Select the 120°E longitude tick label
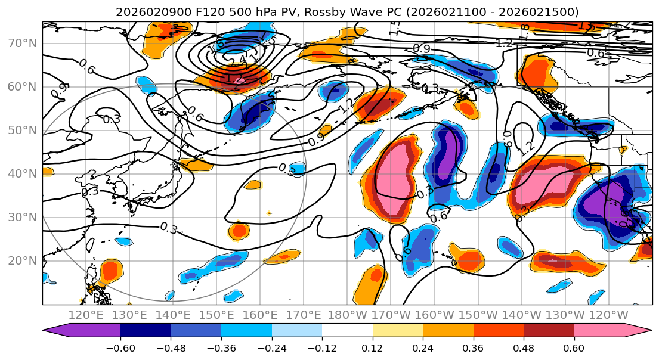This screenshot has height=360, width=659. point(86,315)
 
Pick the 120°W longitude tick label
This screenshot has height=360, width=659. point(609,315)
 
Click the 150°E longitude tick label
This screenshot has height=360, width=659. point(217,315)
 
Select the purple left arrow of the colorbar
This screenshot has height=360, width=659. point(57,331)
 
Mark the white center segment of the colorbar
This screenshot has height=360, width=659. point(347,331)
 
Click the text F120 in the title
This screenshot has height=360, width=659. point(185,12)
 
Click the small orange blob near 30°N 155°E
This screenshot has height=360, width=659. point(239,231)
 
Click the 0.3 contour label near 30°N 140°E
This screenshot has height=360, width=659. point(169,228)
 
